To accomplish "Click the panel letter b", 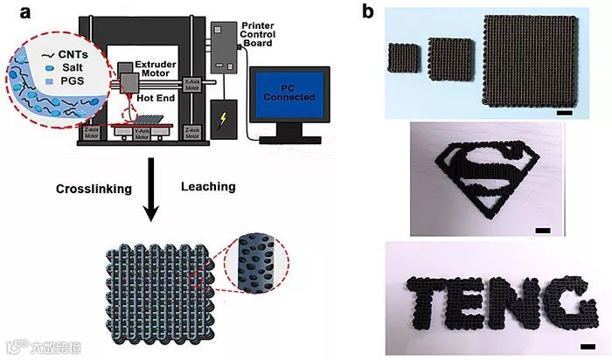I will point(368,13).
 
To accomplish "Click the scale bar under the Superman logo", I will point(542,230).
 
